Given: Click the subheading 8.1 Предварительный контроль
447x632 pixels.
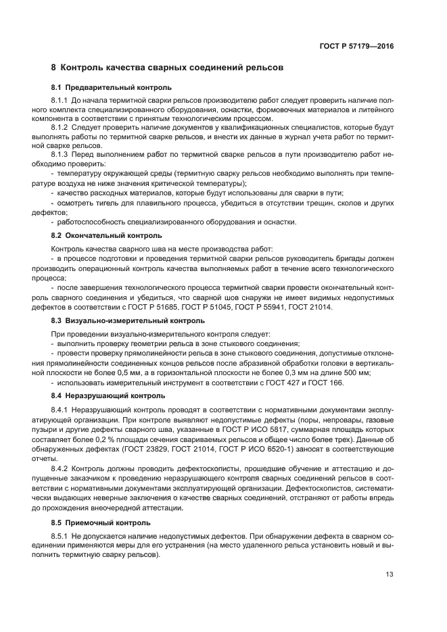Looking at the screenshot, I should [111, 88].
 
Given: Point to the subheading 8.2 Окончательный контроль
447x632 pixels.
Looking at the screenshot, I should [106, 235].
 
